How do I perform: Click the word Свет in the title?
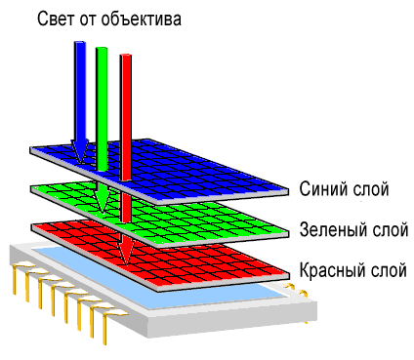58,19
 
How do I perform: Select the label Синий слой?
345,188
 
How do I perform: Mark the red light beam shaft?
125,107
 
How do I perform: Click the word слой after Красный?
389,270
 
